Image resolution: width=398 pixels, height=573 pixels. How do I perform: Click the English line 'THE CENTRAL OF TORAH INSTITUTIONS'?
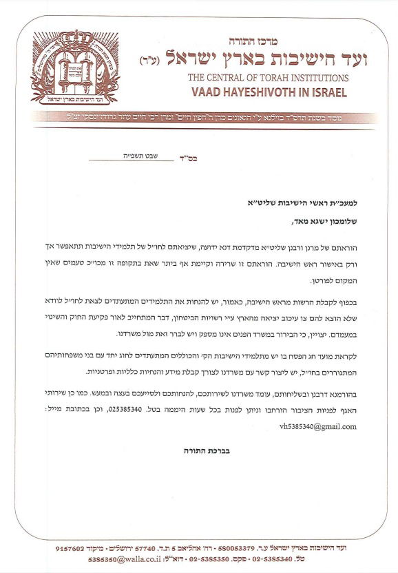pos(268,78)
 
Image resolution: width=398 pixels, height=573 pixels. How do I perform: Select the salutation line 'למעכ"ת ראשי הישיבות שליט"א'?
pos(304,204)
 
